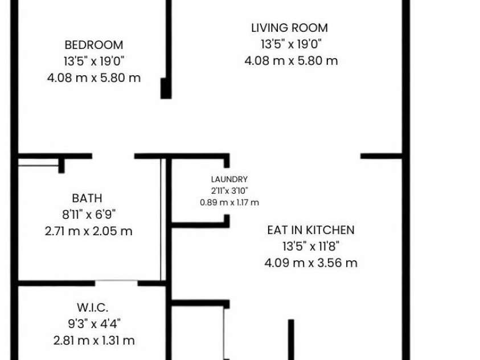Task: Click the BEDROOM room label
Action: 94,45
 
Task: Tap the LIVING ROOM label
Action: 289,28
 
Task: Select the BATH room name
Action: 87,198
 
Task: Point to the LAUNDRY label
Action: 229,179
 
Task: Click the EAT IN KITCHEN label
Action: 311,230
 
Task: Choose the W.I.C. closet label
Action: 92,308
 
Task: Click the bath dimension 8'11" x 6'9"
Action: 89,214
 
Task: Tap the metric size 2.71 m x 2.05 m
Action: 88,231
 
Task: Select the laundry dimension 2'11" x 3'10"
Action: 229,191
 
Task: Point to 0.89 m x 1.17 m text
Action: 229,202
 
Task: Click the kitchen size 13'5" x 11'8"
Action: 311,246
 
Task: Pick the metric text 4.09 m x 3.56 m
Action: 311,263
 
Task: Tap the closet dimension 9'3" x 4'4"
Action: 94,324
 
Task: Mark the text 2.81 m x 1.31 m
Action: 94,341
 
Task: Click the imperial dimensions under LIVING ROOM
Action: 291,44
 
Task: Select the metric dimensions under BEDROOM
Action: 94,78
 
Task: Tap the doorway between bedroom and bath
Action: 113,156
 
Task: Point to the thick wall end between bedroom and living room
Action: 166,88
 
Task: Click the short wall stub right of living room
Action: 381,156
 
